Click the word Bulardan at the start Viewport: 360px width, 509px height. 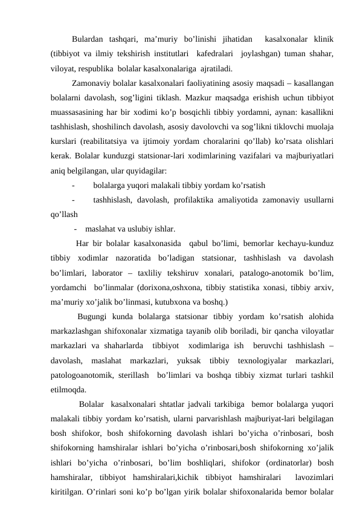(89, 40)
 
